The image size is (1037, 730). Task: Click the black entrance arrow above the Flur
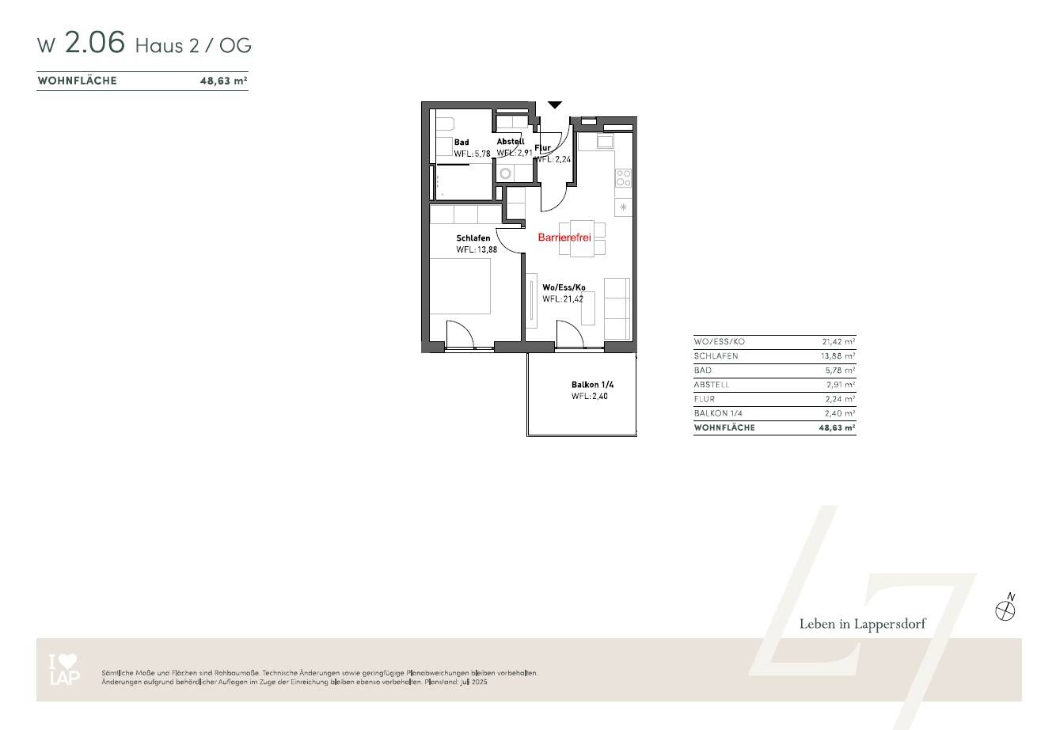555,105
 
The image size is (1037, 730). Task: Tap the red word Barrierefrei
564,238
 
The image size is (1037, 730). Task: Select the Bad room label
462,143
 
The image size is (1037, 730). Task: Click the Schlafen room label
473,238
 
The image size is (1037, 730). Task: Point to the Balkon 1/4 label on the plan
592,385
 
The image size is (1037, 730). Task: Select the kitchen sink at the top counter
606,142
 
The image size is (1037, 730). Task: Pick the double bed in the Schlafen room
461,286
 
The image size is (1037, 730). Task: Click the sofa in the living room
617,308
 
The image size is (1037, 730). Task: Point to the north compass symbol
1005,610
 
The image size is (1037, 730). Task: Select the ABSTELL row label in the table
712,385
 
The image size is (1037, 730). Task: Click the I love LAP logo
63,670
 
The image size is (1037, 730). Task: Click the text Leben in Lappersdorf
862,624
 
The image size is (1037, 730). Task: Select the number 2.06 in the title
95,43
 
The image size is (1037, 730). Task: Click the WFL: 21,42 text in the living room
564,299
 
